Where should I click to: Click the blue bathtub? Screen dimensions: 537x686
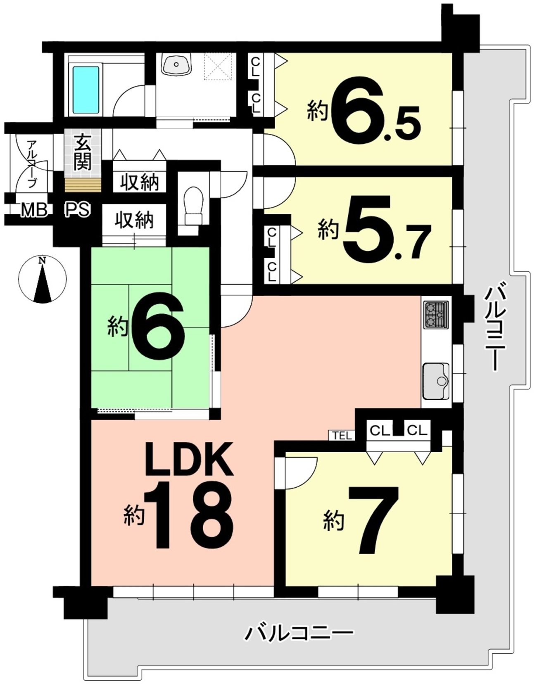[86, 90]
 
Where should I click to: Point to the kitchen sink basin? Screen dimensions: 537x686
[436, 381]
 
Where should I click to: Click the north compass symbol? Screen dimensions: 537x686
[42, 280]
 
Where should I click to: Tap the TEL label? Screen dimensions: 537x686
[342, 436]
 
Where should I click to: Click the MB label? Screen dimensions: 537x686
[34, 210]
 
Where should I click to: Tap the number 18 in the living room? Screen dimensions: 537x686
[189, 515]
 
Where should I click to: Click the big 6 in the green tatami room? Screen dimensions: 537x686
[158, 326]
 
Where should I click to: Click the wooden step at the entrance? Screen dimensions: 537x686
[83, 185]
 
